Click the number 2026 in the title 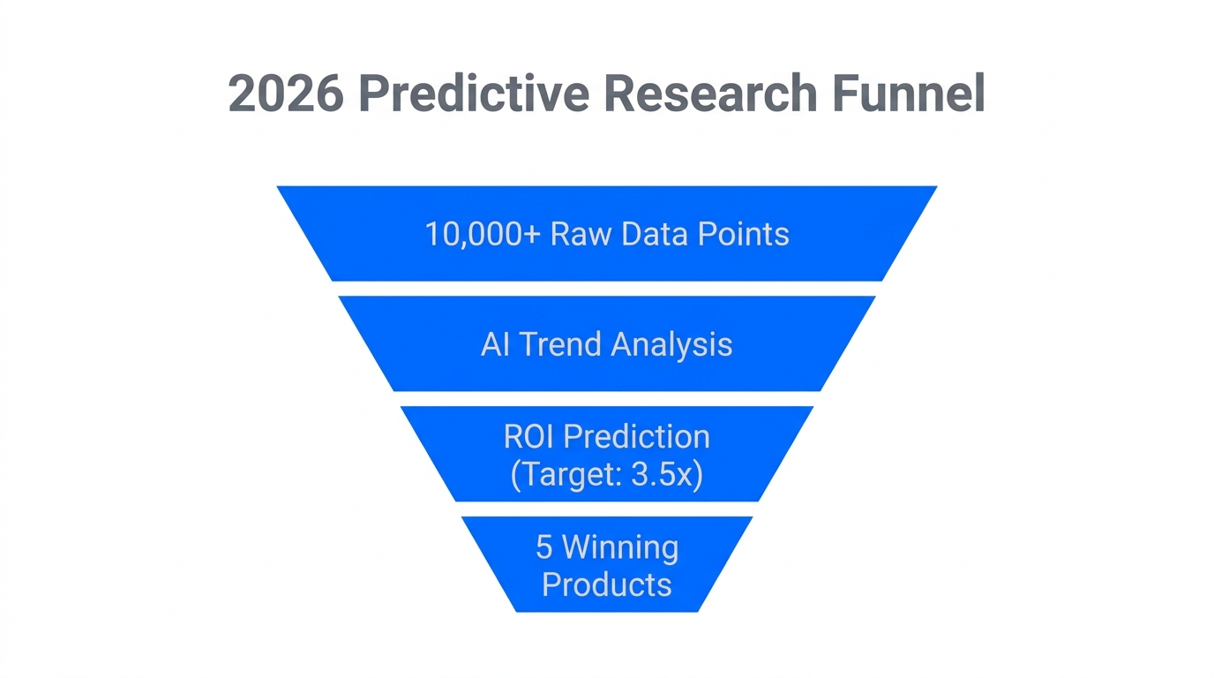[x=285, y=94]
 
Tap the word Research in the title [x=708, y=94]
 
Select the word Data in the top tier [x=655, y=234]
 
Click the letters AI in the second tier [x=495, y=344]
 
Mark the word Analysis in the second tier [x=671, y=344]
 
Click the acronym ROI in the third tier [x=529, y=436]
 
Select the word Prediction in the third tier [x=636, y=436]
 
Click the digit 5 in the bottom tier [x=544, y=547]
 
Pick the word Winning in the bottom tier [x=620, y=547]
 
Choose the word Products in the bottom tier [x=606, y=584]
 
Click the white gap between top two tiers [x=607, y=289]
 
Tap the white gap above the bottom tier [x=607, y=509]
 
